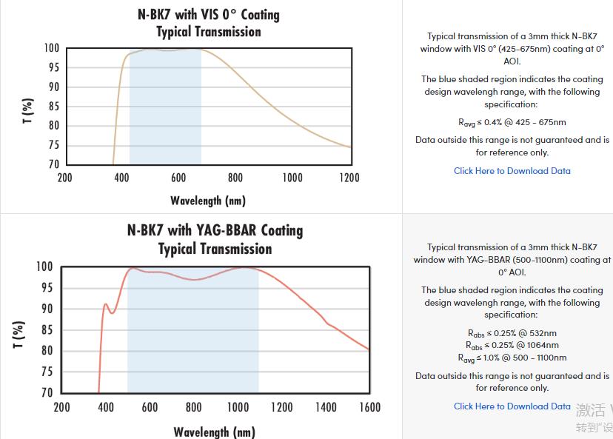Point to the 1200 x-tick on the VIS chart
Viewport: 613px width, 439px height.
point(349,178)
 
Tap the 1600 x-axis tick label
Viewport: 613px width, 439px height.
point(369,407)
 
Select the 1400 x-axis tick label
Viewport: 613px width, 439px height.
point(325,407)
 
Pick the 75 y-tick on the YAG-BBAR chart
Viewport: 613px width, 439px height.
point(46,372)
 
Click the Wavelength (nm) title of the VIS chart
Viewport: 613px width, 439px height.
point(208,201)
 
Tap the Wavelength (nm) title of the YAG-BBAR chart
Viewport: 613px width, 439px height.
point(215,432)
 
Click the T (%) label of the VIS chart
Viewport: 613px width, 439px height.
point(28,111)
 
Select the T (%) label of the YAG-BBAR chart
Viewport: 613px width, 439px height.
point(19,334)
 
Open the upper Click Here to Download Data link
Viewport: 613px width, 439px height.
point(512,171)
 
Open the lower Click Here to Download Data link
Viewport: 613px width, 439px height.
point(512,406)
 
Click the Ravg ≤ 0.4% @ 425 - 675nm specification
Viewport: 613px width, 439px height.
point(512,123)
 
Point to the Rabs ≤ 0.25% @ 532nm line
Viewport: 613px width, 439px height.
point(512,333)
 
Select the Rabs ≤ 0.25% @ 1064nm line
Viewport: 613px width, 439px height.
point(512,346)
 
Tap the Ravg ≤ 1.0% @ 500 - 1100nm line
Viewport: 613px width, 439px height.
point(512,358)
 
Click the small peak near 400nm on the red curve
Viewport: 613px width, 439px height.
point(106,304)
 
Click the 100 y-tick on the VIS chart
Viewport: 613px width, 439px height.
point(50,48)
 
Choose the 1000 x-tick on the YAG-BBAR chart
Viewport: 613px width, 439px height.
point(238,407)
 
